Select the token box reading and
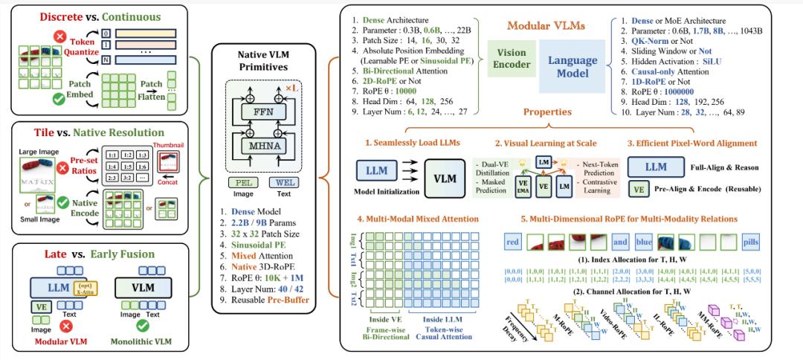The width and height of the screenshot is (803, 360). (x=622, y=241)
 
